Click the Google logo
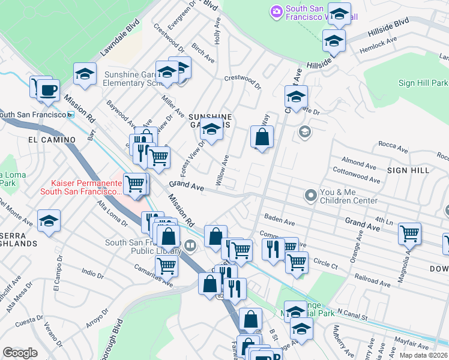pyautogui.click(x=20, y=353)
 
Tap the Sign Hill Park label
pyautogui.click(x=423, y=83)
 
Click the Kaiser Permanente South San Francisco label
pyautogui.click(x=79, y=187)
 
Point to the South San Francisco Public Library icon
pyautogui.click(x=190, y=245)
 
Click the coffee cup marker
pyautogui.click(x=47, y=91)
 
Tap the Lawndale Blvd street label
pyautogui.click(x=119, y=40)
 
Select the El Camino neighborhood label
pyautogui.click(x=52, y=140)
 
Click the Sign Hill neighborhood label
pyautogui.click(x=408, y=170)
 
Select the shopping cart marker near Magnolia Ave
pyautogui.click(x=410, y=233)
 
